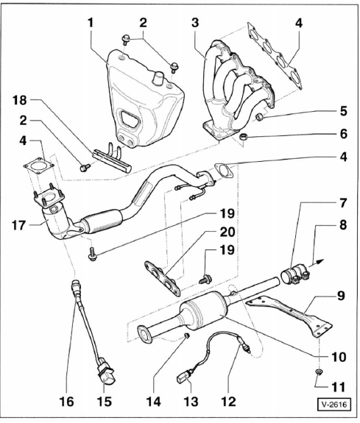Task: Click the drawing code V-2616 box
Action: point(334,405)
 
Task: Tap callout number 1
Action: point(91,23)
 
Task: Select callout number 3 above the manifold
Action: point(195,23)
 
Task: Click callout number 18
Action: point(19,100)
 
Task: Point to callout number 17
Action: point(18,225)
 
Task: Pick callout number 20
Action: point(227,232)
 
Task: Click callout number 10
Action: point(338,357)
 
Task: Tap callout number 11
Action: point(338,387)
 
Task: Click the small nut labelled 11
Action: point(319,372)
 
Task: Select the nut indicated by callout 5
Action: point(260,117)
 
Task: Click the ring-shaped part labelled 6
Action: point(244,137)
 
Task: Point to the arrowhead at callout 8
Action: point(320,261)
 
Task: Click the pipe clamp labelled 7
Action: point(294,274)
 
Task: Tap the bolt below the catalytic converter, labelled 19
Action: point(92,255)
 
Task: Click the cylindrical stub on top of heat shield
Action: point(158,78)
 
